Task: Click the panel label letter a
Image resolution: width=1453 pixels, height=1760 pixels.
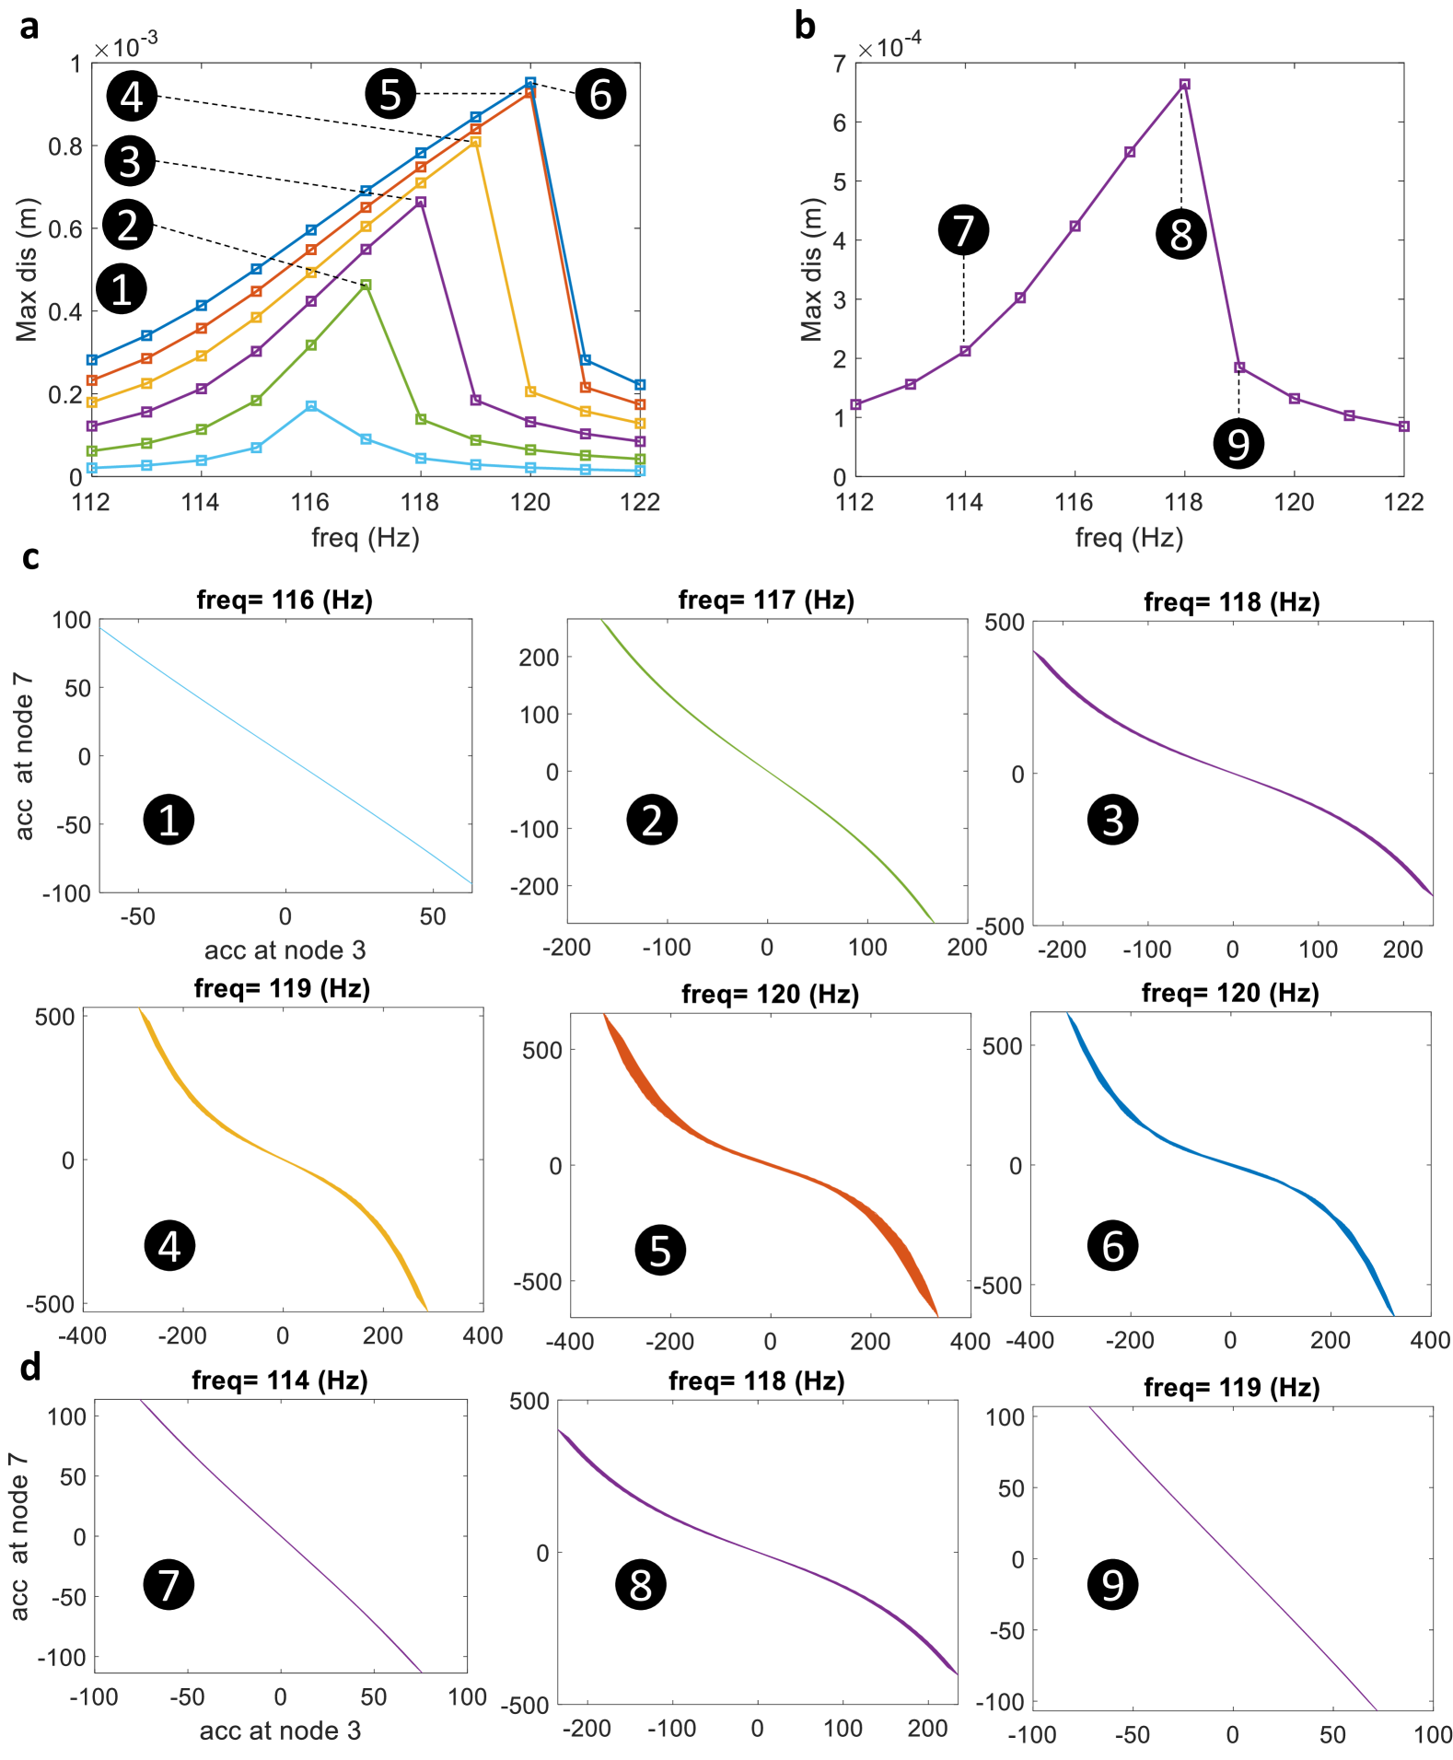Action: coord(29,27)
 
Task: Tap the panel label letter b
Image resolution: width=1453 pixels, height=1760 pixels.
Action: coord(805,27)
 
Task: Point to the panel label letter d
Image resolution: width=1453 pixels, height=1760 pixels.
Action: coord(30,1368)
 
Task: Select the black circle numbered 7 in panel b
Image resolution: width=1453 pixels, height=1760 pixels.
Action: coord(963,230)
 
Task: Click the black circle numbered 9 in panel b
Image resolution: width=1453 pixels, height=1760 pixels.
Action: coord(1238,444)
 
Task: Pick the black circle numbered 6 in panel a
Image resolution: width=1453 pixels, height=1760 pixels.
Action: coord(600,94)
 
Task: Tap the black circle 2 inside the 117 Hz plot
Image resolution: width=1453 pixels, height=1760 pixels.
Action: coord(652,820)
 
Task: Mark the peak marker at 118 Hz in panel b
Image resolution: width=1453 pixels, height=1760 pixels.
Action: coord(1185,85)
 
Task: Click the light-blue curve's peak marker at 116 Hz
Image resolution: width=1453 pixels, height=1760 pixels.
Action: coord(311,406)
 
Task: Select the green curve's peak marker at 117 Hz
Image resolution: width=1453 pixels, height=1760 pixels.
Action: coord(366,286)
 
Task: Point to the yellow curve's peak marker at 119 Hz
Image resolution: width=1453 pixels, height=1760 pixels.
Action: coord(475,142)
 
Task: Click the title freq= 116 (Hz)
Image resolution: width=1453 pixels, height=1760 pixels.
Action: coord(285,600)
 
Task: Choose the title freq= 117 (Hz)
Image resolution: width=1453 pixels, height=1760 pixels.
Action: coord(766,600)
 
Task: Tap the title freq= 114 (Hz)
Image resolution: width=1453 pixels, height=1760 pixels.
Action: coord(280,1381)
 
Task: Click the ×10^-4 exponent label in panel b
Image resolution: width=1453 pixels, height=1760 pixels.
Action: coord(889,45)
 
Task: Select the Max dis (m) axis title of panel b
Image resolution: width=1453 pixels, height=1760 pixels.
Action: coord(811,270)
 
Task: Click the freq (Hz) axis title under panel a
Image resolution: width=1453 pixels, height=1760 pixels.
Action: coord(366,538)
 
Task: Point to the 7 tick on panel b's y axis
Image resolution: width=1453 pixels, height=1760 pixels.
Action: coord(839,64)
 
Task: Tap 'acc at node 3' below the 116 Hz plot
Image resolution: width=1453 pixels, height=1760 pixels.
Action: coord(285,950)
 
